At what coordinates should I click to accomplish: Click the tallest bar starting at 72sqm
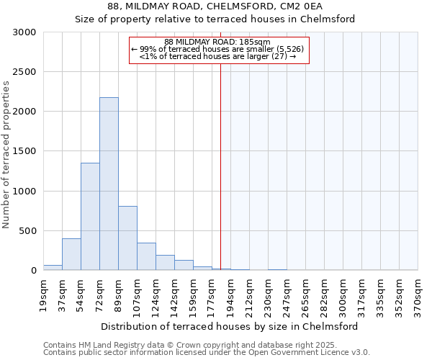(109, 184)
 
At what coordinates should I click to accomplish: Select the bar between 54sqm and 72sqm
(90, 216)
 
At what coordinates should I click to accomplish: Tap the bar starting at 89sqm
(127, 238)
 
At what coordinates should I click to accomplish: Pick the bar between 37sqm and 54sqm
(71, 254)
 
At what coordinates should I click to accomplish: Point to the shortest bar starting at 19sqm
(53, 267)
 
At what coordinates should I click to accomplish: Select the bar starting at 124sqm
(165, 262)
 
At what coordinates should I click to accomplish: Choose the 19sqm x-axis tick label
(44, 294)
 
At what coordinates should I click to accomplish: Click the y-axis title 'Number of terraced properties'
(6, 155)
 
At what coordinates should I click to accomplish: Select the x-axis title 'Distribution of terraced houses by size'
(230, 326)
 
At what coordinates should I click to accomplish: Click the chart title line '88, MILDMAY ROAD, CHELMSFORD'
(216, 6)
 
